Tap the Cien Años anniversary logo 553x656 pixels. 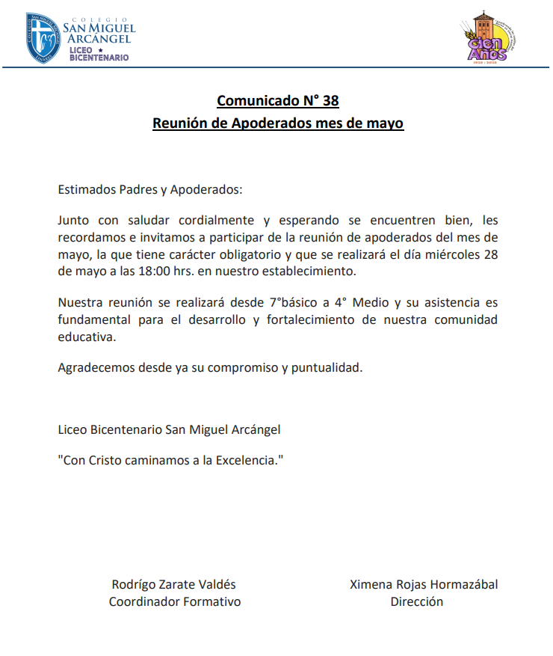click(487, 38)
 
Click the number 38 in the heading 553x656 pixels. click(330, 101)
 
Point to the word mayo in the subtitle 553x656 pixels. click(386, 123)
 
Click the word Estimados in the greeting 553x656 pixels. click(87, 189)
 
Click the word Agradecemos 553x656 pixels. click(94, 368)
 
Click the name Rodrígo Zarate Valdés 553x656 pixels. click(173, 584)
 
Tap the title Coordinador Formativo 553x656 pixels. click(175, 601)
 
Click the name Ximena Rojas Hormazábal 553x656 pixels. click(424, 584)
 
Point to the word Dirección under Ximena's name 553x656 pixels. click(416, 601)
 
